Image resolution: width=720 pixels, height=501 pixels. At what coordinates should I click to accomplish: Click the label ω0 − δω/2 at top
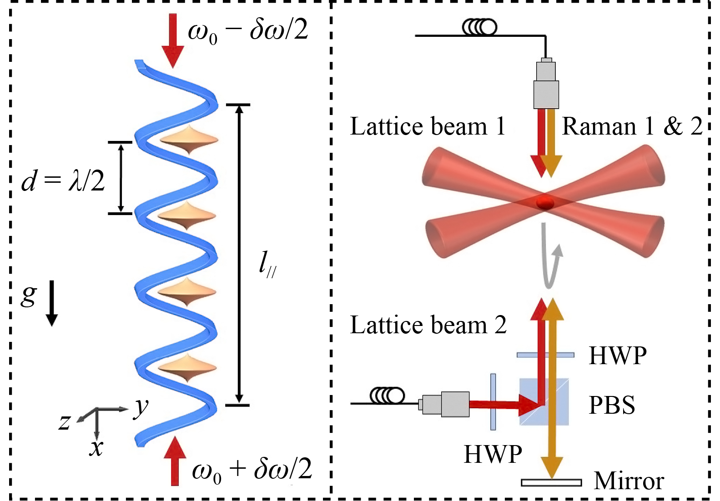[248, 31]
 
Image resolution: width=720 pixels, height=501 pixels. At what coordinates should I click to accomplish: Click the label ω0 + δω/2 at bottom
[252, 470]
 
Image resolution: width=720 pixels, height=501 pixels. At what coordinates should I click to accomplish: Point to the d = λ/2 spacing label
[63, 180]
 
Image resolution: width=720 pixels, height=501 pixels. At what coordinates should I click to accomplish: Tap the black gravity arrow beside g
[52, 303]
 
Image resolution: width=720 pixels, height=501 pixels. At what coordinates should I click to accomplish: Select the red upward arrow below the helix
[175, 460]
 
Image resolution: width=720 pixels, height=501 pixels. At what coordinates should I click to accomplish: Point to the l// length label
[267, 264]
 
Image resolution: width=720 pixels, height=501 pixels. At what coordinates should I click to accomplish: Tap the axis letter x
[96, 447]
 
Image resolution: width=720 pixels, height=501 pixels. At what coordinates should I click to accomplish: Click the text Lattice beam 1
[428, 126]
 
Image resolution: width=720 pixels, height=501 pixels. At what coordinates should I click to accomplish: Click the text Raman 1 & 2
[632, 126]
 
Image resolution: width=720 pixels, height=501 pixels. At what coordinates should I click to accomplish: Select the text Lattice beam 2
[428, 325]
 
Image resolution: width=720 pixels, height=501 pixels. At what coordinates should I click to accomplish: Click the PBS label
[611, 405]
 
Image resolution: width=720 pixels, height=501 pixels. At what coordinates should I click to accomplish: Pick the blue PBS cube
[544, 402]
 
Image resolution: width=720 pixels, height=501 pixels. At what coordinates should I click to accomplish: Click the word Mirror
[629, 481]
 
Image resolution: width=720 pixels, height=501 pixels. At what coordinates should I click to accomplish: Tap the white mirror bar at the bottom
[551, 482]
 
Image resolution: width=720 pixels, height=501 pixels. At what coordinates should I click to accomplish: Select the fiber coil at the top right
[479, 27]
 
